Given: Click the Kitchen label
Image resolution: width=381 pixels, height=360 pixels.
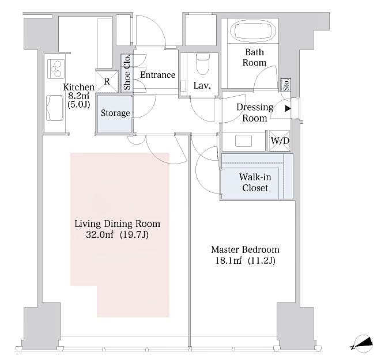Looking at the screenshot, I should (79, 88).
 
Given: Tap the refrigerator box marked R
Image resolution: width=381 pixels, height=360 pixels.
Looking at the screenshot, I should (107, 81).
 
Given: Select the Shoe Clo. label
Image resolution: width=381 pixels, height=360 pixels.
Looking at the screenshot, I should (127, 73).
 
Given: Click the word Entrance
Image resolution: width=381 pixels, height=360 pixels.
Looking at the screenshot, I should (157, 75).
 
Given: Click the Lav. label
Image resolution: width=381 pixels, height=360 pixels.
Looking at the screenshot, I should (201, 86).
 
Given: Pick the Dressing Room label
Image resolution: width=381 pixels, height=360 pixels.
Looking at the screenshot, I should (255, 113).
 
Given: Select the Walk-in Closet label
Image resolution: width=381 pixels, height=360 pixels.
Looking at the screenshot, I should (255, 183).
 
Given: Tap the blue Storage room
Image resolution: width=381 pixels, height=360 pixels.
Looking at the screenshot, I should (115, 113).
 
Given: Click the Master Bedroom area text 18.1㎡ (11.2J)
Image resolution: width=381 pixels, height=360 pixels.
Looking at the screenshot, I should (245, 261).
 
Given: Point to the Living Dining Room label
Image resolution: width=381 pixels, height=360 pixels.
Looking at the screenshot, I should (118, 223).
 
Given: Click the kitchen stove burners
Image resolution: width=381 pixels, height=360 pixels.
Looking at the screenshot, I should (55, 68).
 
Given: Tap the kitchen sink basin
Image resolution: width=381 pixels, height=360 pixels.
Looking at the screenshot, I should (55, 108).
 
